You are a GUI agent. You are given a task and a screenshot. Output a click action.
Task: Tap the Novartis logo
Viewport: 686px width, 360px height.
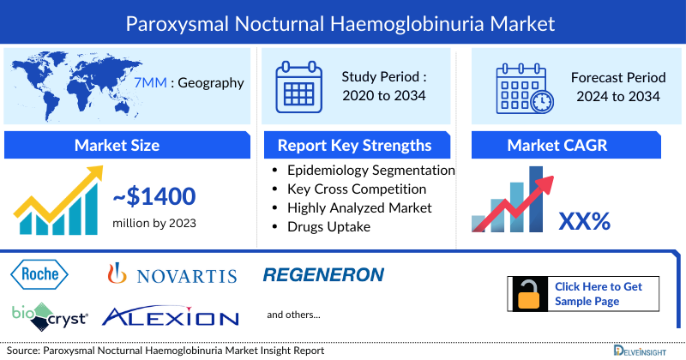click(171, 275)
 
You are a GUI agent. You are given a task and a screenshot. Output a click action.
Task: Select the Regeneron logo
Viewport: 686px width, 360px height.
click(323, 274)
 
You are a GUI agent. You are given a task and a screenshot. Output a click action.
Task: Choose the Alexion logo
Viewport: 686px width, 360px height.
click(170, 317)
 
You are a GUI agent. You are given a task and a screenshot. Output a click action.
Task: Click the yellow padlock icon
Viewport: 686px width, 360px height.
click(527, 293)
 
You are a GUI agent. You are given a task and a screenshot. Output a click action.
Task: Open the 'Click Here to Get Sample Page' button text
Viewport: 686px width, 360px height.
click(598, 293)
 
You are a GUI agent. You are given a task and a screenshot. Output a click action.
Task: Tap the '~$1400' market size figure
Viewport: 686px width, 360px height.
click(154, 198)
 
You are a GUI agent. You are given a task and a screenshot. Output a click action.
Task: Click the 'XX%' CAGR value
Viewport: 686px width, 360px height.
click(584, 221)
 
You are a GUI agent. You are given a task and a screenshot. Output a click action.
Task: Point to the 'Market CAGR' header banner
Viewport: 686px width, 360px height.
click(569, 145)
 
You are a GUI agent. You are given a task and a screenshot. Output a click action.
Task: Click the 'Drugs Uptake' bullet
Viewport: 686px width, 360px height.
click(328, 226)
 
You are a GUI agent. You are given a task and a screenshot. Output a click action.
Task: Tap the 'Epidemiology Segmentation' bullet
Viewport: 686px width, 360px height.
click(370, 170)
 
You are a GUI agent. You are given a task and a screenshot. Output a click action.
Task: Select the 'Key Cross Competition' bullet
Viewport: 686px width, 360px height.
click(357, 189)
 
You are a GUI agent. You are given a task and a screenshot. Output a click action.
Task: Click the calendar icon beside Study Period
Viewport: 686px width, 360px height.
click(298, 87)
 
